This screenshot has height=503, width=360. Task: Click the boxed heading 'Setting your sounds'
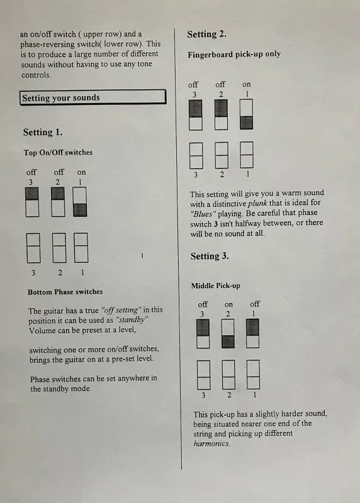pos(93,97)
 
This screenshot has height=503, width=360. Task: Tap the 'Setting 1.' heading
pos(43,132)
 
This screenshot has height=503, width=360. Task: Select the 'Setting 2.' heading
pos(207,34)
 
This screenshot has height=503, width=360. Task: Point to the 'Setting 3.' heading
pos(210,256)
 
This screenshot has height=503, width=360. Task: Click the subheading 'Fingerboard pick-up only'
pos(234,54)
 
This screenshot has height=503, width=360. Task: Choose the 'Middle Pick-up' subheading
pos(215,285)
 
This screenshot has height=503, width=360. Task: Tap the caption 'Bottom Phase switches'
pos(65,292)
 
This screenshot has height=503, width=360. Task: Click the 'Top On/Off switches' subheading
pos(58,152)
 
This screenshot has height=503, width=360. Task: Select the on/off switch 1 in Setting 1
pos(80,202)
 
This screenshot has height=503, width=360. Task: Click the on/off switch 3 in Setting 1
pos(32,202)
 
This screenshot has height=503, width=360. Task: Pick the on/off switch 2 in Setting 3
pos(228,334)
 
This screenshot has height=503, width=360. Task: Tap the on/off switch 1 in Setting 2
pos(246,114)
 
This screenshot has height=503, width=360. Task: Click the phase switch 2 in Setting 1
pos(59,248)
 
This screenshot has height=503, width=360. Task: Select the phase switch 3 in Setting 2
pos(196,155)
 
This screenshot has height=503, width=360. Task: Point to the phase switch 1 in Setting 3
pos(253,374)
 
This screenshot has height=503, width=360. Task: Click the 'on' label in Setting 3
pos(228,304)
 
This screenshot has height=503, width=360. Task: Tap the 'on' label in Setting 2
pos(247,84)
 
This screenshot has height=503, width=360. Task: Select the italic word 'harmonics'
pos(211,444)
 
